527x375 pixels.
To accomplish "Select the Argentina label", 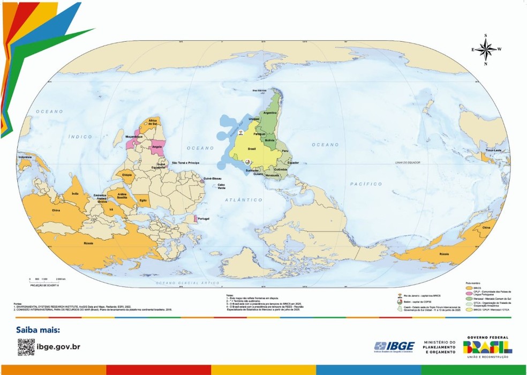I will (270, 113).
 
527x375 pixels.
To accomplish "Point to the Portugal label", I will (204, 219).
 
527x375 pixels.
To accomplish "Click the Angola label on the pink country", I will (157, 146).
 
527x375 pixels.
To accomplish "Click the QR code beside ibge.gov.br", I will (26, 347).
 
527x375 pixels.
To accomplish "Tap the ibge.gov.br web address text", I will (59, 347).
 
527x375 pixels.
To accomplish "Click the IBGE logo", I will (394, 346).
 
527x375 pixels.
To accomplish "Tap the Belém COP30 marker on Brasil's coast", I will (247, 161).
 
